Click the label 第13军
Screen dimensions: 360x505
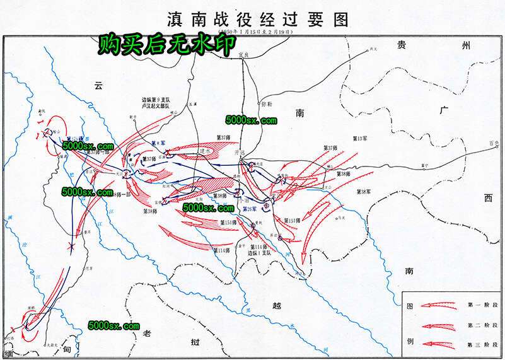(x=360, y=137)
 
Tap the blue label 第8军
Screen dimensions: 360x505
(x=158, y=144)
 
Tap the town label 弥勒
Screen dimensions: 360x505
(x=266, y=104)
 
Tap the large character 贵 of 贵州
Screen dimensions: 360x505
(x=400, y=45)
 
